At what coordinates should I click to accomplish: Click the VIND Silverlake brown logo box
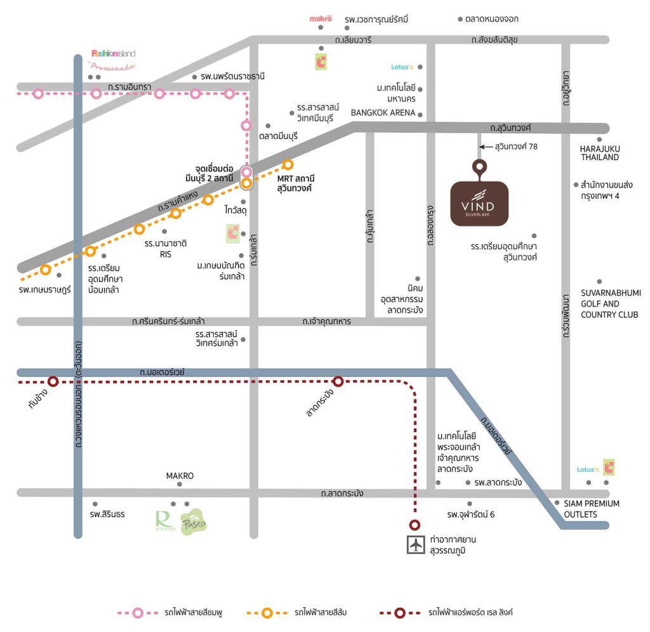[479, 203]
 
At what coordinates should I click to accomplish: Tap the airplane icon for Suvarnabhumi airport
[416, 545]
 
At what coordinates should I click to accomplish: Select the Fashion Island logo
[114, 53]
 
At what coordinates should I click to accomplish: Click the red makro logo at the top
[321, 19]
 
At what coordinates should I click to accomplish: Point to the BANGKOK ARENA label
[383, 113]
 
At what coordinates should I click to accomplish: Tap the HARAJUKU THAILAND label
[599, 153]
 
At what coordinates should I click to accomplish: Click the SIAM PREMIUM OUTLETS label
[592, 509]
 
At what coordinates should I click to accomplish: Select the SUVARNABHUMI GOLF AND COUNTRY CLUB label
[609, 304]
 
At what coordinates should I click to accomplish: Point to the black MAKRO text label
[180, 475]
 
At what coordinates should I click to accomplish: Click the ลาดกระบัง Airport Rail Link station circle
[338, 381]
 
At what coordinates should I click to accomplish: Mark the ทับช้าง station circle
[53, 381]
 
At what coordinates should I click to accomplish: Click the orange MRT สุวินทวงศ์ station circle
[288, 165]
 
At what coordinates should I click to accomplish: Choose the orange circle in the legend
[268, 613]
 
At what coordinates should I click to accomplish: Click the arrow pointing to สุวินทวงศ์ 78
[485, 147]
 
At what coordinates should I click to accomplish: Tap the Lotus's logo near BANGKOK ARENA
[402, 67]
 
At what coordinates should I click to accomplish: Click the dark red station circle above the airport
[415, 525]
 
